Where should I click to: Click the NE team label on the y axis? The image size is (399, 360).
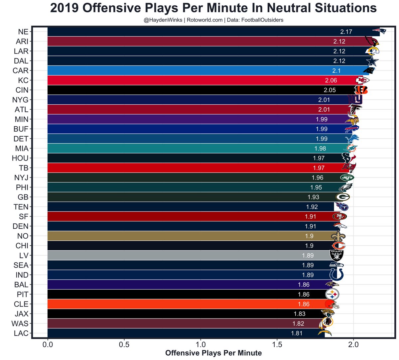point(23,32)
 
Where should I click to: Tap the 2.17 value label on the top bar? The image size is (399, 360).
point(346,32)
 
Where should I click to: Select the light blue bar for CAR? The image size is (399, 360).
point(199,70)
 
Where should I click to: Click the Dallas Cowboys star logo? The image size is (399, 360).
point(372,61)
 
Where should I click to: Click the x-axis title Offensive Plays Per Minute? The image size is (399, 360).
point(213,353)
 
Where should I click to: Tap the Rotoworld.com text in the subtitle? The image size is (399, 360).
point(204,20)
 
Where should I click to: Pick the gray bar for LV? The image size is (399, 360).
point(186,255)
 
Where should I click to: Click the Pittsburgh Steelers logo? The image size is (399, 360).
point(332,294)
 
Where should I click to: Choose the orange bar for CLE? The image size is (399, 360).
point(186,304)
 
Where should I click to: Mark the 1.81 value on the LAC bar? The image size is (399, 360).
point(297,333)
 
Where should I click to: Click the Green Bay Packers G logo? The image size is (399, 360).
point(342,197)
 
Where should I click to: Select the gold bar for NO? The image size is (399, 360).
point(186,236)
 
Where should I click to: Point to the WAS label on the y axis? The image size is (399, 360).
point(20,323)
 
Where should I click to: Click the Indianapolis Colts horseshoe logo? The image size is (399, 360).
point(336,275)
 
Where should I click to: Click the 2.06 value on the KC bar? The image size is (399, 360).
point(331,80)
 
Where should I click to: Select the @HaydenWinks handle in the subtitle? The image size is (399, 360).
point(163,20)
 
